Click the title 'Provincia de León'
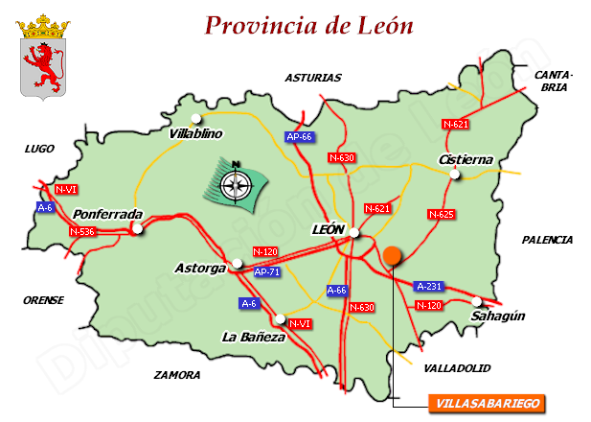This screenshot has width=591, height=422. click(309, 25)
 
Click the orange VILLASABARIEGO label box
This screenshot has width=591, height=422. click(486, 403)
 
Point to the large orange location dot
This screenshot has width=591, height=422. click(392, 255)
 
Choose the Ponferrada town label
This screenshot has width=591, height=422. click(107, 215)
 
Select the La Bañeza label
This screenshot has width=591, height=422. click(253, 337)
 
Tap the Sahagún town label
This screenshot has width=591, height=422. click(497, 316)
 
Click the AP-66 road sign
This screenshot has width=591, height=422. click(300, 137)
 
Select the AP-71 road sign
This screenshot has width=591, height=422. click(267, 271)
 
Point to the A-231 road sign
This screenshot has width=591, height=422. click(429, 286)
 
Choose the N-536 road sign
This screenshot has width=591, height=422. click(82, 231)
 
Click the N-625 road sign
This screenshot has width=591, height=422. click(441, 214)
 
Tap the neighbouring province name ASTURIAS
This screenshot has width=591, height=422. click(313, 78)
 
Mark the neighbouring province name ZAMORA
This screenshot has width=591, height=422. click(178, 375)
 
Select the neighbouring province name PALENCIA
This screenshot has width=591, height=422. click(547, 240)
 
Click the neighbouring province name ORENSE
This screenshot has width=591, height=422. click(43, 300)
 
